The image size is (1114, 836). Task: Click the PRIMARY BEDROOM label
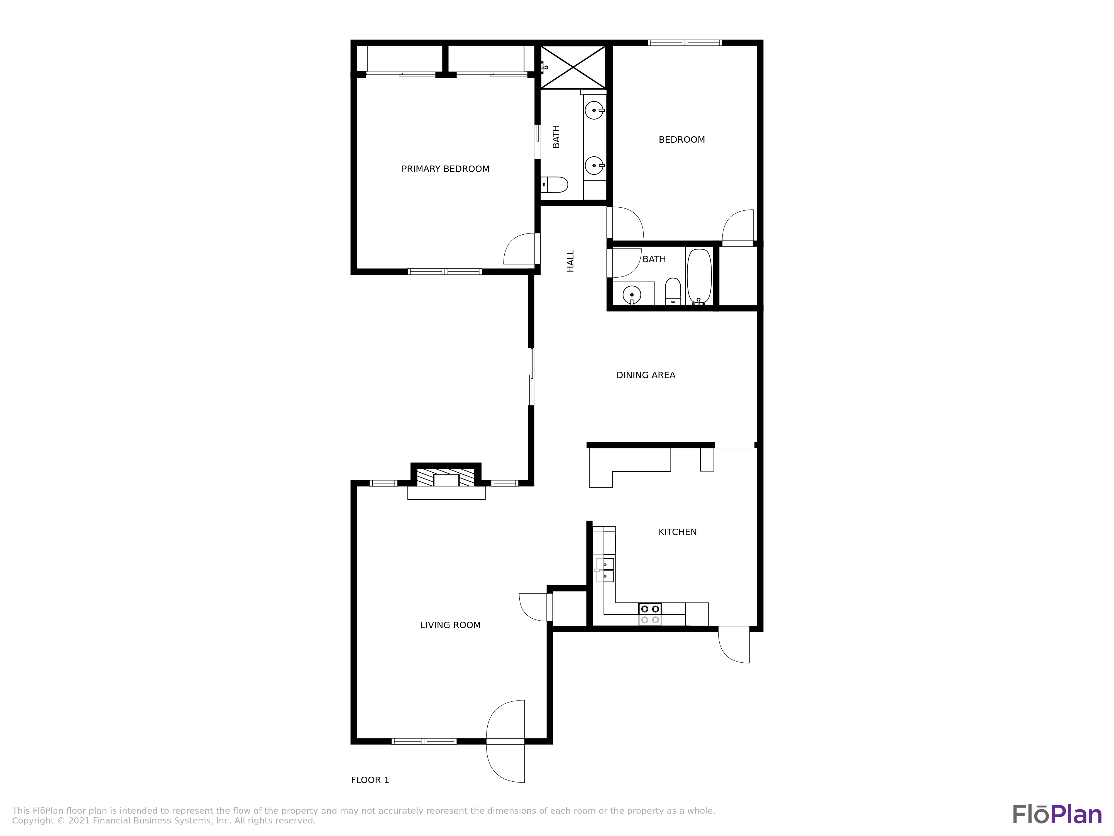tap(445, 169)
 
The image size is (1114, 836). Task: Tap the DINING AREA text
tap(646, 375)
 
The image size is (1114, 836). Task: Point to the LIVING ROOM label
tap(450, 625)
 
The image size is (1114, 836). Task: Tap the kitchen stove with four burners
tap(650, 614)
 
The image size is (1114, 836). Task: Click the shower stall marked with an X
tap(573, 67)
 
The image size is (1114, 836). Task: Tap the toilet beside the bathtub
tap(673, 291)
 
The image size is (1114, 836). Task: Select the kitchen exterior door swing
tap(734, 647)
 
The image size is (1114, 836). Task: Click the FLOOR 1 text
tap(370, 780)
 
